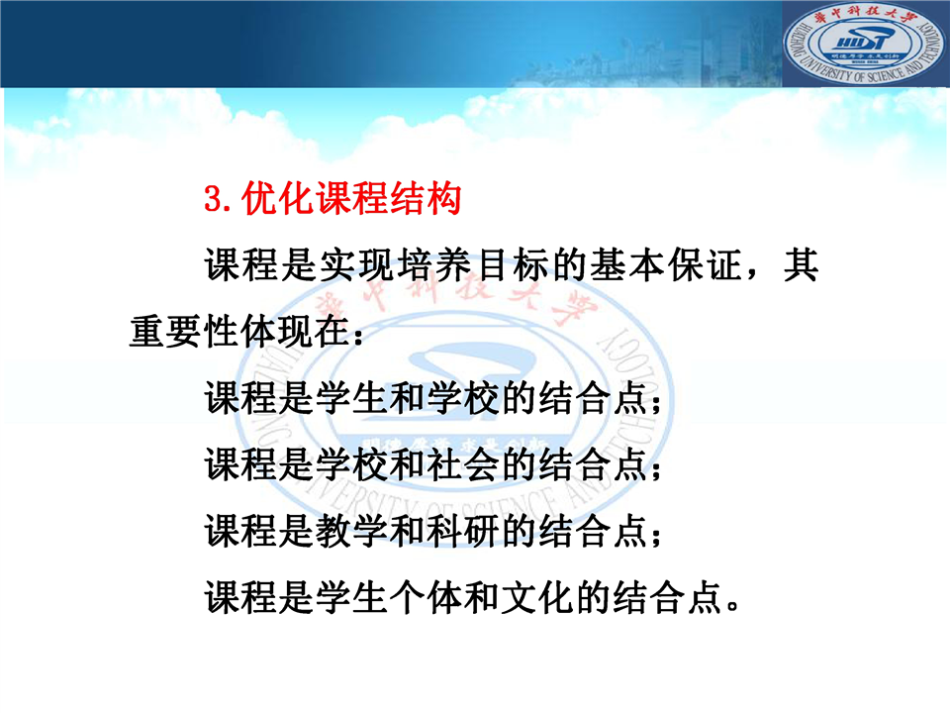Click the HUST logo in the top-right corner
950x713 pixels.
(x=864, y=43)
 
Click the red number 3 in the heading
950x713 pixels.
(x=214, y=199)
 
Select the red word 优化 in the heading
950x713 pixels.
(x=278, y=198)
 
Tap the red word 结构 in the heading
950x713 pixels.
(x=426, y=198)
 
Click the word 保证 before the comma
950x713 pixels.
(x=706, y=265)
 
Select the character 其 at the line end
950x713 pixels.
(x=801, y=265)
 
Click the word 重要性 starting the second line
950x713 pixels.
(x=184, y=332)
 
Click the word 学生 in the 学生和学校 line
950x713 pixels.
(x=351, y=398)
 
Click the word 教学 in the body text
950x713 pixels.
(x=351, y=531)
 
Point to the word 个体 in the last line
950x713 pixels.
(x=426, y=598)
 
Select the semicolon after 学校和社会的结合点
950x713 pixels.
(x=655, y=469)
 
